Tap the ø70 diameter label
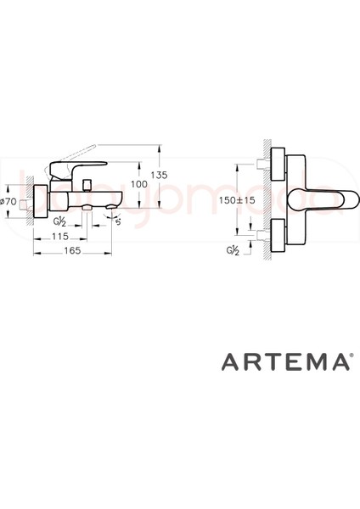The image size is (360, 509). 8,201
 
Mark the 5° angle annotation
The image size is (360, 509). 117,222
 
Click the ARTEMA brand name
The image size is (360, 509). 284,363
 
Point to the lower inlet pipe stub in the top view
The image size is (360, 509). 260,232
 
